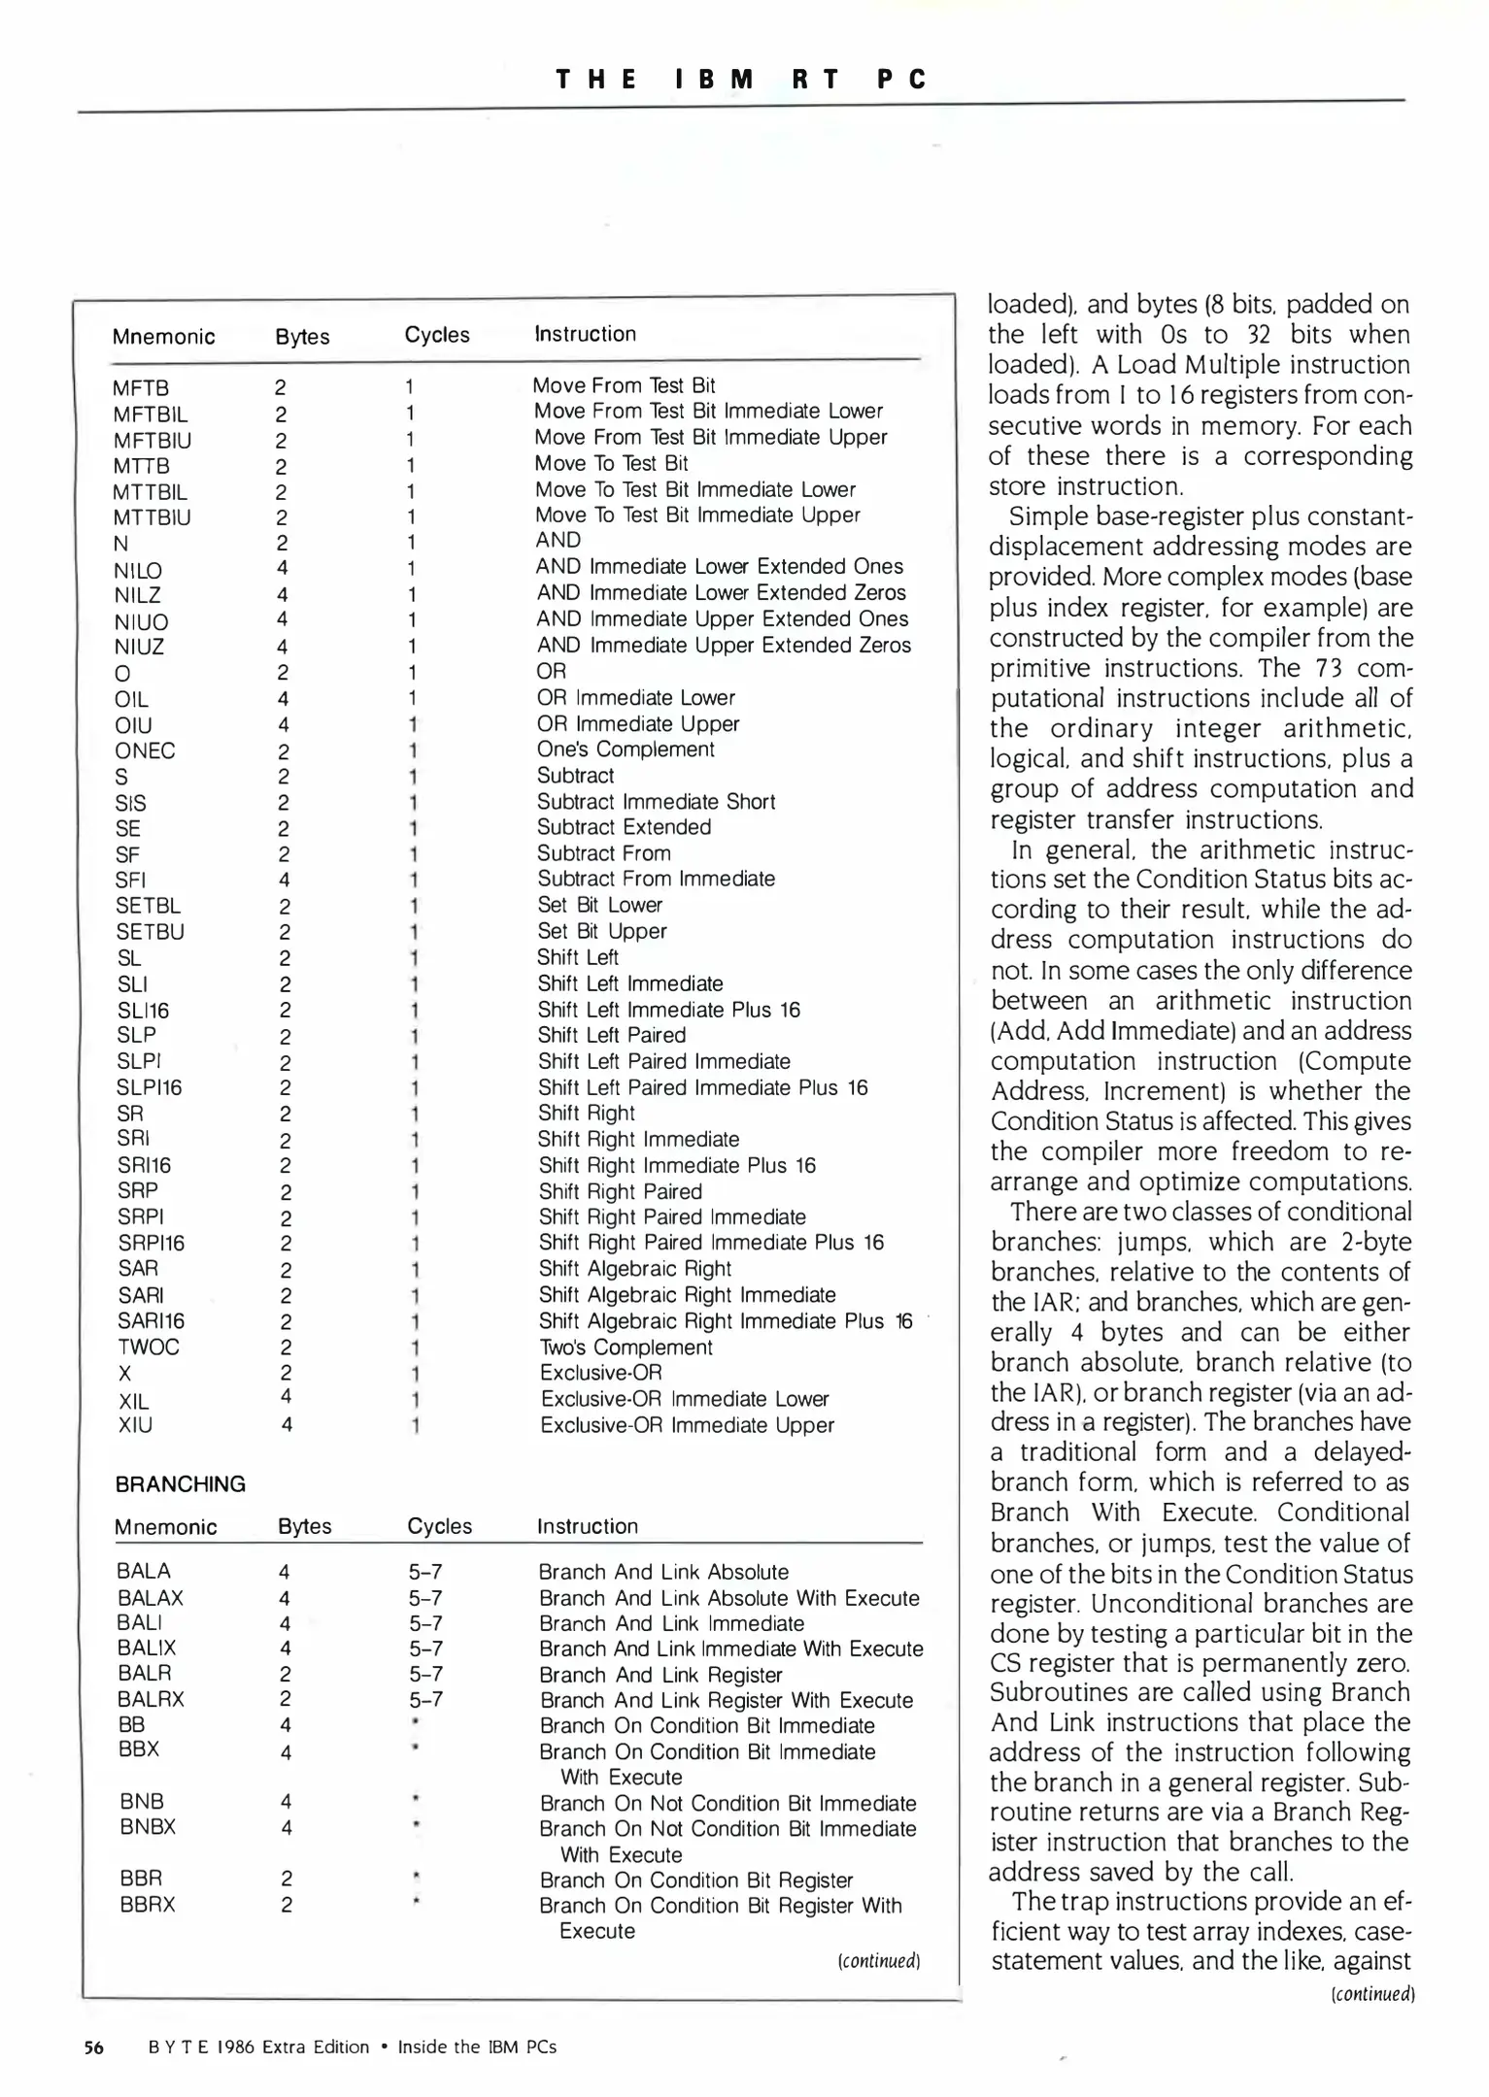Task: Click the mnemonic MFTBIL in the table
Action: pos(151,415)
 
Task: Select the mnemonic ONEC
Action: pos(145,750)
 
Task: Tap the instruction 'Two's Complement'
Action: pos(626,1348)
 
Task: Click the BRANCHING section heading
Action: pos(180,1484)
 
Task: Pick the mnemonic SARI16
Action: pos(151,1321)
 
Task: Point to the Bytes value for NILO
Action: pos(282,568)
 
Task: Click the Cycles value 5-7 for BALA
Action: pos(425,1572)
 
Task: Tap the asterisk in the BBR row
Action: pos(416,1877)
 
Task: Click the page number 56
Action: pos(93,2047)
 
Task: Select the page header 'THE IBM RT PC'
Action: pos(742,80)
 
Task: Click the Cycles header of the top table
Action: pos(437,335)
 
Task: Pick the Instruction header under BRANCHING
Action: pos(587,1526)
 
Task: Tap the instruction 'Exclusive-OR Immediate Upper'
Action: pos(687,1425)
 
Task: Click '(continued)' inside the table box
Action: pos(878,1960)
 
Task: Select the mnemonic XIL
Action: pos(133,1400)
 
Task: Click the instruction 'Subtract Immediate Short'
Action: pos(656,802)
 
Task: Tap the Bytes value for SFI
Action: pos(284,880)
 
